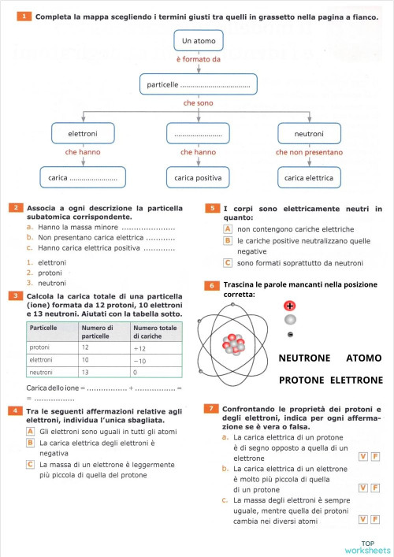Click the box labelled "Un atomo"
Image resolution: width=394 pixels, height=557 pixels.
(x=198, y=40)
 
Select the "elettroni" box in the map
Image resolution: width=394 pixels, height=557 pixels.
(x=83, y=134)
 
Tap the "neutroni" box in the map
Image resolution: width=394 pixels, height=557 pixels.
(x=308, y=134)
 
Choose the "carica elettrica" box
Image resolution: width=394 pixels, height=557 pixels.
(x=308, y=178)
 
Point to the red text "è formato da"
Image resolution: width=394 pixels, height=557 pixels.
(x=198, y=59)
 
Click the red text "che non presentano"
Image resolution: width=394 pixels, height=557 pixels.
(x=309, y=152)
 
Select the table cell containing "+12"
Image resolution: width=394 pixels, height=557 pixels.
(x=154, y=347)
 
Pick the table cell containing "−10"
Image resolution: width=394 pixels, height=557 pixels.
(x=154, y=359)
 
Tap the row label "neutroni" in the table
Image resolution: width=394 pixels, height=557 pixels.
(x=41, y=372)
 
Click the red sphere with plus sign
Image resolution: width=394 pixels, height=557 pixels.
(x=290, y=306)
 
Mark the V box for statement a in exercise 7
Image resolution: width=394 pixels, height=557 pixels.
(x=362, y=457)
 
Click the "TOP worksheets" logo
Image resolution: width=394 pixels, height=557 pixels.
(x=367, y=547)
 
